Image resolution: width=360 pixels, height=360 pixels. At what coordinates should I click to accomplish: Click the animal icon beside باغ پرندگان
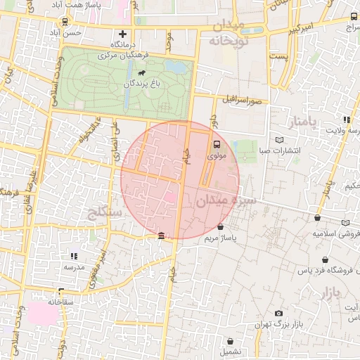143,72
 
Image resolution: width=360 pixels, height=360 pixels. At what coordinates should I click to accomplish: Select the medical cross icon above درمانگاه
124,34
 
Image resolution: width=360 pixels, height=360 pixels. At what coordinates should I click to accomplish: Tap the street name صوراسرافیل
244,100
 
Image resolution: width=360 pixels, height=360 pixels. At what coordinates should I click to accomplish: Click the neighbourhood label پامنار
304,123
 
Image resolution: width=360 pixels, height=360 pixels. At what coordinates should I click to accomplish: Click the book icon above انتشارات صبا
279,139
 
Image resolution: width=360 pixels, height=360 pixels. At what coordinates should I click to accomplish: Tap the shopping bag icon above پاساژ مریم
221,227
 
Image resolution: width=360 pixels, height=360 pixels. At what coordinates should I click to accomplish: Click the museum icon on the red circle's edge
162,235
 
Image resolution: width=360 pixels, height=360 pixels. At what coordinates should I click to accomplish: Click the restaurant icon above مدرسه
74,256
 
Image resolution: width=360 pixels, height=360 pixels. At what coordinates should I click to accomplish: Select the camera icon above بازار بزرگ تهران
279,313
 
